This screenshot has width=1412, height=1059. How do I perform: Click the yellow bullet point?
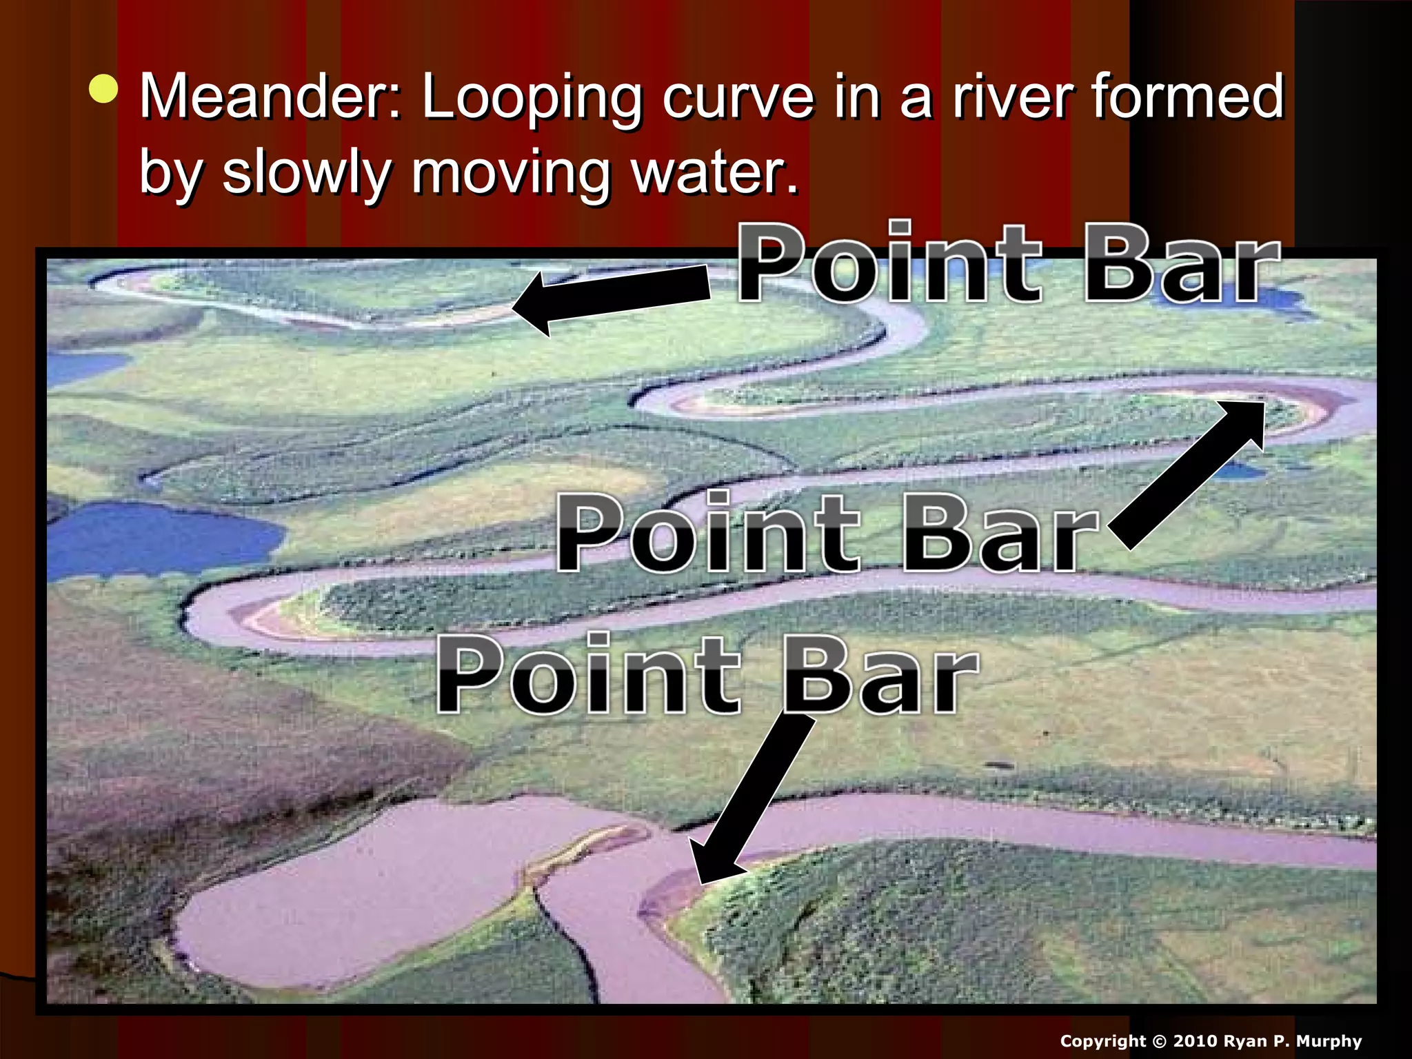[x=103, y=90]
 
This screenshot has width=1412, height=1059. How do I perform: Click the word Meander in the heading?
[x=270, y=97]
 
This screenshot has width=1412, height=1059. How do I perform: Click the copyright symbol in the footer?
[x=1159, y=1041]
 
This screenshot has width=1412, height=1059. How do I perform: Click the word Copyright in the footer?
[x=1103, y=1042]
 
